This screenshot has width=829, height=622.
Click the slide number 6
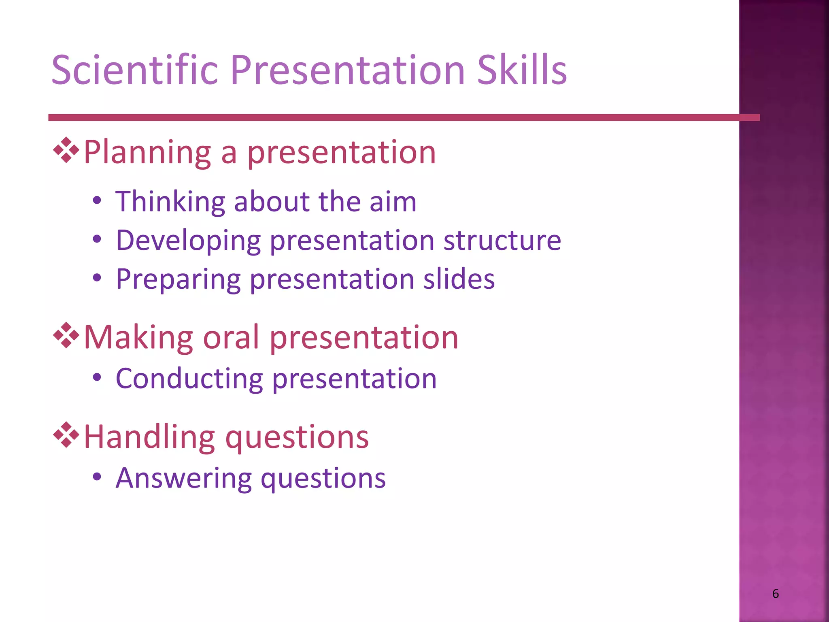(775, 594)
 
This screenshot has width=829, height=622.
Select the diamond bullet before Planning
(66, 150)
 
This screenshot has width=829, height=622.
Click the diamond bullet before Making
(66, 336)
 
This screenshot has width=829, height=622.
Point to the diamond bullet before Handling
(66, 435)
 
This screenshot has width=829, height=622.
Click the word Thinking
(170, 201)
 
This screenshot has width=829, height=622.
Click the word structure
(502, 240)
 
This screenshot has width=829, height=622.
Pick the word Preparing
(178, 279)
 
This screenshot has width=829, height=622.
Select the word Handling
(149, 437)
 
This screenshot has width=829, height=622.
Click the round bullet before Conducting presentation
(97, 378)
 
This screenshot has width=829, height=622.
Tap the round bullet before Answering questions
(97, 477)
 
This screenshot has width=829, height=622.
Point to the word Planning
(147, 153)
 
